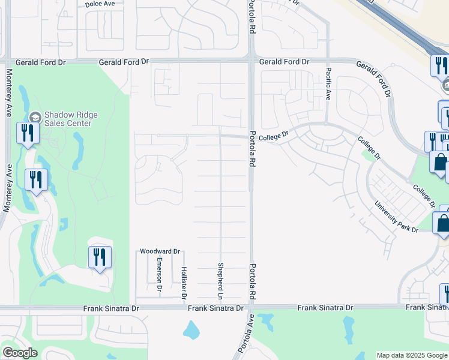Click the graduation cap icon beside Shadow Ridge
pyautogui.click(x=35, y=116)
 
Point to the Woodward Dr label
pyautogui.click(x=160, y=251)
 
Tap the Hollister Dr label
pyautogui.click(x=184, y=283)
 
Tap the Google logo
pyautogui.click(x=19, y=353)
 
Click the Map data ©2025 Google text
pyautogui.click(x=412, y=355)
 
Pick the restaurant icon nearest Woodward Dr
pyautogui.click(x=100, y=257)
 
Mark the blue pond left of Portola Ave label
pyautogui.click(x=191, y=329)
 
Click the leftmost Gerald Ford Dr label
pyautogui.click(x=40, y=62)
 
